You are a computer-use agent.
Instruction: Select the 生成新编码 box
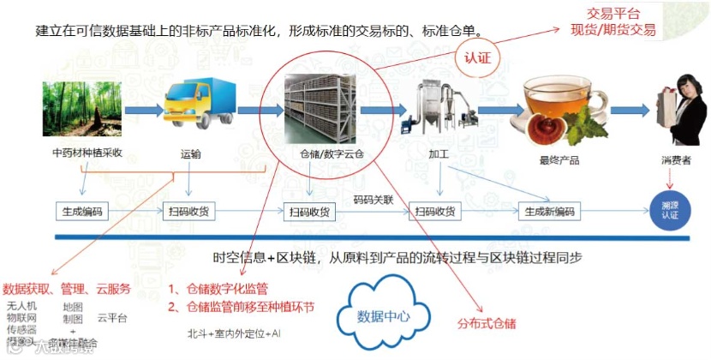[x=549, y=211]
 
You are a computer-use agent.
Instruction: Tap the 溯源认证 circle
[x=669, y=211]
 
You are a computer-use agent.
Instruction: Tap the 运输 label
[x=191, y=155]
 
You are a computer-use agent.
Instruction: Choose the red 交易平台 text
[x=617, y=14]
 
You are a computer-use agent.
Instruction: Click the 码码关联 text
[x=374, y=200]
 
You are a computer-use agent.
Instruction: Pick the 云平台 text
[x=112, y=319]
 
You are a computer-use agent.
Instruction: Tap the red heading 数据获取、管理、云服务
[x=67, y=288]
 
